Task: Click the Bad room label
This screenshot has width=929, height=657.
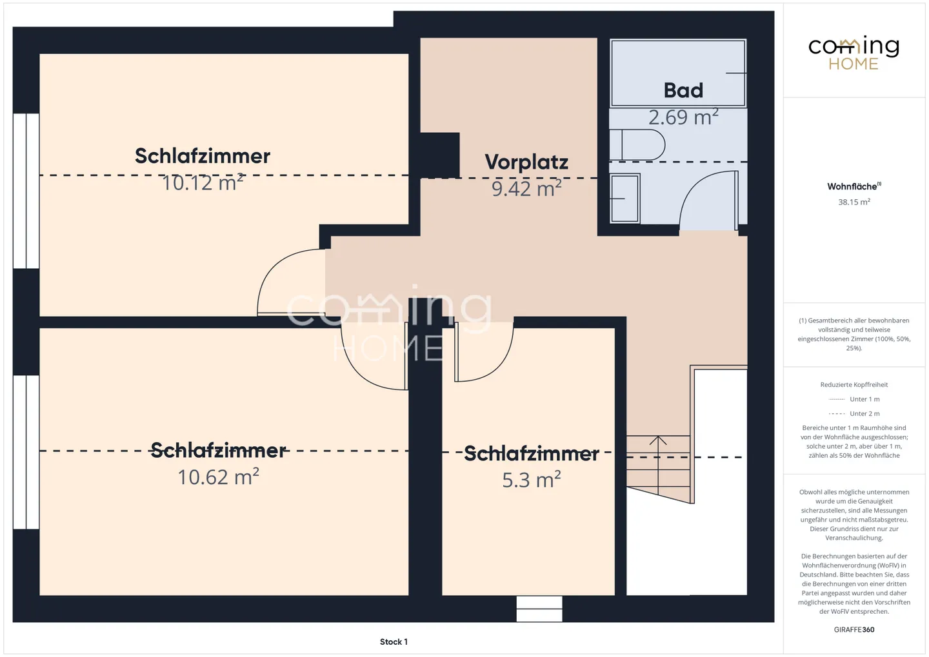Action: (x=683, y=90)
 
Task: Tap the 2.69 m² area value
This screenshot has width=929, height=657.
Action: (x=683, y=117)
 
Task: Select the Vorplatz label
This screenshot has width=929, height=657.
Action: (x=526, y=162)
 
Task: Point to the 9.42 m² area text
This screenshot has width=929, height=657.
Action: (x=526, y=188)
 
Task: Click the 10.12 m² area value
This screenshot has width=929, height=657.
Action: (x=203, y=182)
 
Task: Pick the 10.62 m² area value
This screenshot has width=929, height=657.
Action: (x=219, y=476)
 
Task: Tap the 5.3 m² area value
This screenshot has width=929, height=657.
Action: (x=532, y=480)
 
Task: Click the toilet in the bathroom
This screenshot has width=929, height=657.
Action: (x=637, y=144)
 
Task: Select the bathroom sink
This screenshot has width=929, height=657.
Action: (x=624, y=199)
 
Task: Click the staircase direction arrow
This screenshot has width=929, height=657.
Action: (x=658, y=465)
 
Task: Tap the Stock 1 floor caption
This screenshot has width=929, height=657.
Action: (x=394, y=642)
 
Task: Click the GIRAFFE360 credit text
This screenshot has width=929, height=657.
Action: (x=854, y=630)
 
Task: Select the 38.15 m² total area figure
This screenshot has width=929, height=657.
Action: (x=854, y=202)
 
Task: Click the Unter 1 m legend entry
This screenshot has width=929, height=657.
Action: (x=854, y=399)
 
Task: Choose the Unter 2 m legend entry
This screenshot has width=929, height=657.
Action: (x=854, y=413)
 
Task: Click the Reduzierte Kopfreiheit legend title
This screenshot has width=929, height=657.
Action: (x=854, y=385)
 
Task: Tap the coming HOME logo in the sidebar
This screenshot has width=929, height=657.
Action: (x=854, y=53)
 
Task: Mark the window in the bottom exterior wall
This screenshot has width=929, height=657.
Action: (x=539, y=609)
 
